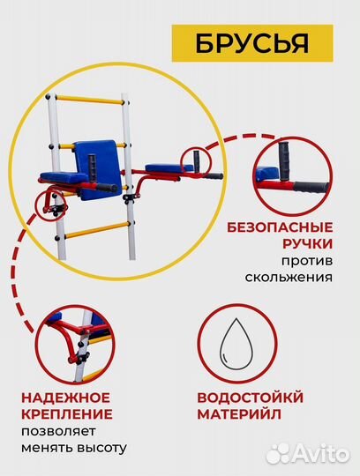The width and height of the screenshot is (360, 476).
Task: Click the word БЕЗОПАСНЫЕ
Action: pyautogui.click(x=290, y=225)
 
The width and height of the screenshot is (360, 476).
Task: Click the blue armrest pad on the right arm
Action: pyautogui.click(x=165, y=167)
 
